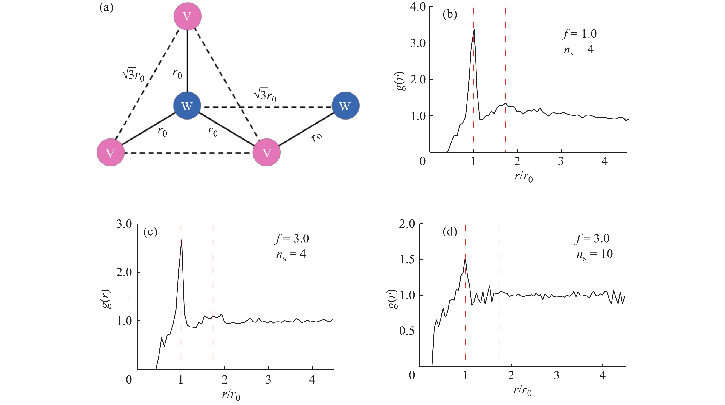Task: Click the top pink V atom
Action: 187,16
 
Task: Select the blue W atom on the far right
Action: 345,106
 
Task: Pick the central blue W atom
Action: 187,106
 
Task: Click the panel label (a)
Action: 106,8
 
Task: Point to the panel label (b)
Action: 450,14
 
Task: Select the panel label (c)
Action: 150,232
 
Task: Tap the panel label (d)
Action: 450,232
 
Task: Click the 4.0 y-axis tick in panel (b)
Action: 418,7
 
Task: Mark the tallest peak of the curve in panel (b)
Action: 474,29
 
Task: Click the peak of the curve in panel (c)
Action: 182,240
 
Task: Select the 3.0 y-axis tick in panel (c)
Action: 124,224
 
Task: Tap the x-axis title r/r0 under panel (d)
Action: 523,390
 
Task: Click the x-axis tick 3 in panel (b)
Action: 561,161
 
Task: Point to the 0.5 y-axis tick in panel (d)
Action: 407,331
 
